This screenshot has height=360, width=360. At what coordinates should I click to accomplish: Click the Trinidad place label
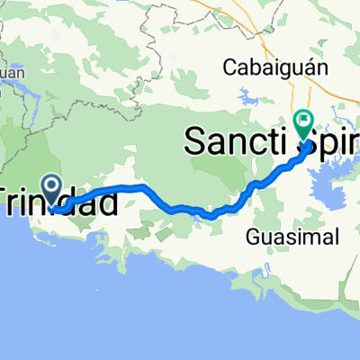tap(58, 202)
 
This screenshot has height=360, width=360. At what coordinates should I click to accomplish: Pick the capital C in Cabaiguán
tap(229, 67)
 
